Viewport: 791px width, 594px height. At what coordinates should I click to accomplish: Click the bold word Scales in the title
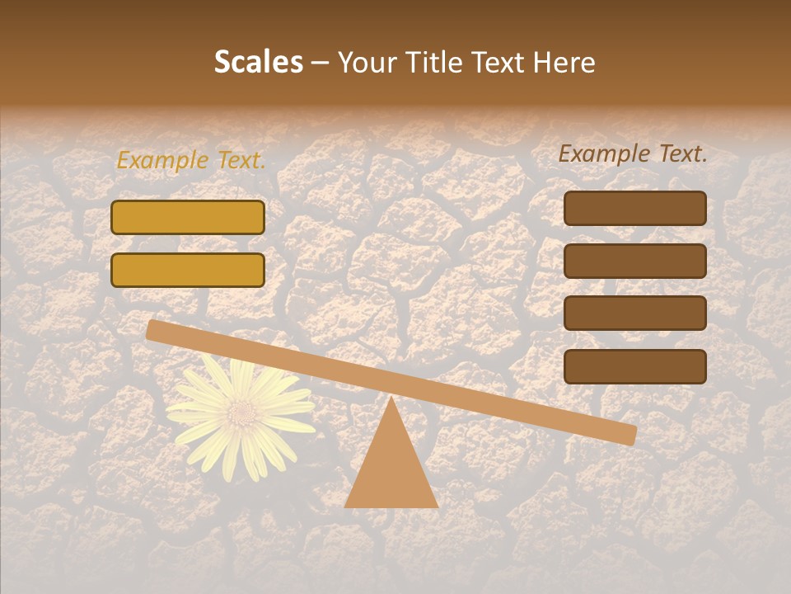click(x=258, y=63)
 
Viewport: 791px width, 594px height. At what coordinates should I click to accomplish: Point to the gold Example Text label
click(x=191, y=161)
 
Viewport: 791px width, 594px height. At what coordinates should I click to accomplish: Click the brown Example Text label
click(x=633, y=153)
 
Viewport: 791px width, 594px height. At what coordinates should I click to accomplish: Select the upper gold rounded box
click(x=188, y=217)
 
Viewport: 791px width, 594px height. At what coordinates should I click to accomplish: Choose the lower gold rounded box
click(x=188, y=270)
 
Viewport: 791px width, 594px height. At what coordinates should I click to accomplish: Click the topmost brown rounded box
click(x=634, y=208)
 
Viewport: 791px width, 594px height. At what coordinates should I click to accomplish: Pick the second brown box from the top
click(x=634, y=261)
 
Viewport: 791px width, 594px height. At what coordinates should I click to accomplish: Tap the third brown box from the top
click(x=634, y=313)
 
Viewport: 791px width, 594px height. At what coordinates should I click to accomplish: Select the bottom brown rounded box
click(x=634, y=366)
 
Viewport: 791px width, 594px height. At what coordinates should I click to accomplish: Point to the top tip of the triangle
click(x=391, y=400)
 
